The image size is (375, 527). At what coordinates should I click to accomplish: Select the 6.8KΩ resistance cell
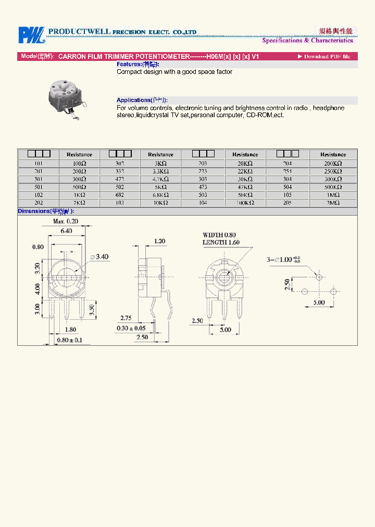pyautogui.click(x=160, y=195)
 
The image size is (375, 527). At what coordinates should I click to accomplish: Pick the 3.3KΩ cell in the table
pyautogui.click(x=160, y=171)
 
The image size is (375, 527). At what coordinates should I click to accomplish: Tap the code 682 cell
pyautogui.click(x=120, y=195)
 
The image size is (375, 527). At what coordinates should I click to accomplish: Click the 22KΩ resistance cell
pyautogui.click(x=245, y=171)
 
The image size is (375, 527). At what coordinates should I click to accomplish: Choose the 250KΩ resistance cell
pyautogui.click(x=333, y=171)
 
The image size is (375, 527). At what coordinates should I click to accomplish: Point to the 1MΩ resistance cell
pyautogui.click(x=333, y=195)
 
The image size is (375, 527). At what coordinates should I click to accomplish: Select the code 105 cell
pyautogui.click(x=287, y=195)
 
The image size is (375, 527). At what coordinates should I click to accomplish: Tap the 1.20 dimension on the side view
pyautogui.click(x=159, y=241)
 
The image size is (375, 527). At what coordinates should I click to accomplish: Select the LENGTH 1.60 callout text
pyautogui.click(x=221, y=243)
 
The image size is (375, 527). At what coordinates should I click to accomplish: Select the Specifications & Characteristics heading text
pyautogui.click(x=307, y=41)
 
